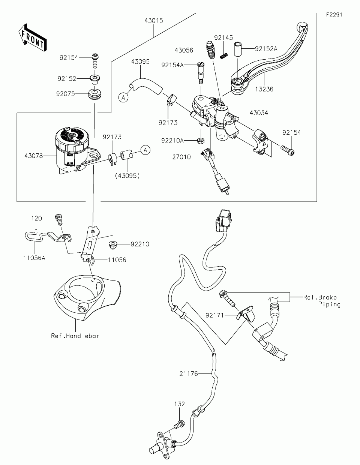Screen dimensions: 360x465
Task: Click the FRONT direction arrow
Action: click(33, 37)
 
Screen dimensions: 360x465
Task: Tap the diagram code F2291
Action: click(334, 15)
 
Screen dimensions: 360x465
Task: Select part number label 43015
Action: click(154, 21)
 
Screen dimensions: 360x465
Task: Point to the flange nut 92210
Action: click(113, 244)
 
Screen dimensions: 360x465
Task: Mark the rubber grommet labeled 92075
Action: click(94, 94)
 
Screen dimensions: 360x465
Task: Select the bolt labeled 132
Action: click(179, 424)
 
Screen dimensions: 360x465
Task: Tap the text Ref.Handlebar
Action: click(75, 336)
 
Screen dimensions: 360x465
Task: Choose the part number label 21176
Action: click(189, 373)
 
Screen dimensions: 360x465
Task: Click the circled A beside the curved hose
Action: click(123, 97)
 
